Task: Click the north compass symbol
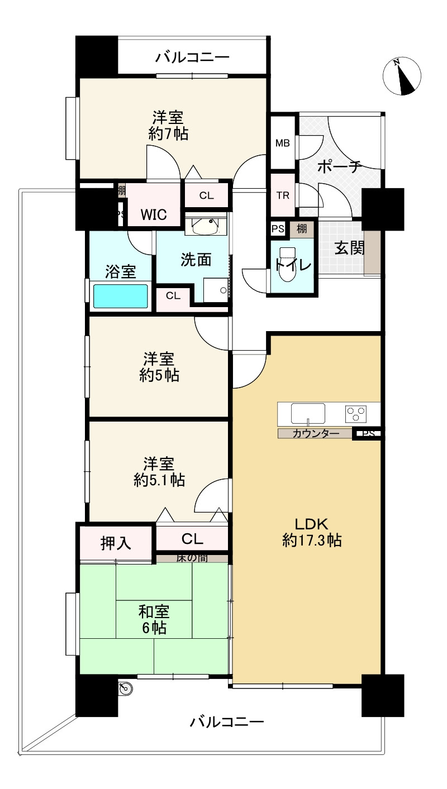tap(402, 76)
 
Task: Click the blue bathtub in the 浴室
tap(121, 296)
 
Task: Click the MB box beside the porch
tap(282, 143)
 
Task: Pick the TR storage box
tap(282, 195)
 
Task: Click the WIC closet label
tap(153, 214)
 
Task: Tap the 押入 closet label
tap(116, 543)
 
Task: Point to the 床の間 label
tap(192, 558)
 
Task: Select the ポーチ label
tap(340, 166)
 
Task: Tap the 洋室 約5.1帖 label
tap(159, 472)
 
